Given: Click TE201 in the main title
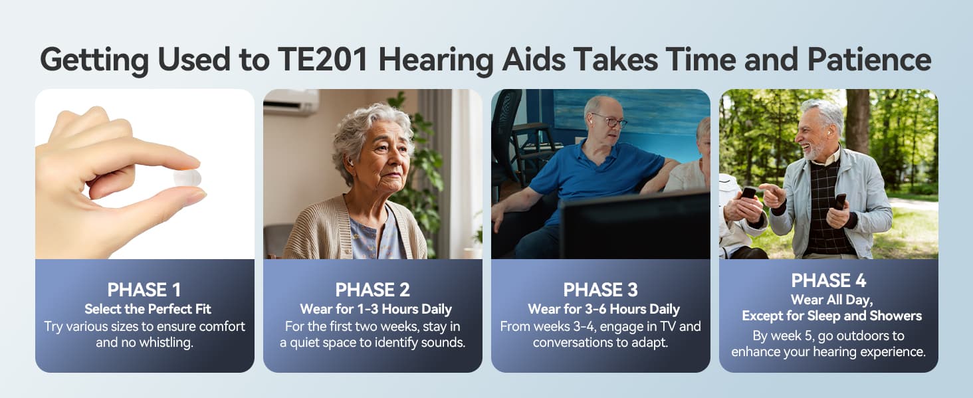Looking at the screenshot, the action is tap(323, 59).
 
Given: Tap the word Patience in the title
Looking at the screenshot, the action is tap(869, 59).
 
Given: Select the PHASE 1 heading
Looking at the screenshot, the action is tap(144, 290).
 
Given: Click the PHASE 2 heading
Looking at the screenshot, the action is tap(372, 290).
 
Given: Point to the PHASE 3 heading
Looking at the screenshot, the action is tap(600, 290).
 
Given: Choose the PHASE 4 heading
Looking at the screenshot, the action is tap(828, 280).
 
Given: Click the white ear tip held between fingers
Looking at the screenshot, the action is tap(187, 178).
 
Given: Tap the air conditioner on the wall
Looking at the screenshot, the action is tap(292, 102).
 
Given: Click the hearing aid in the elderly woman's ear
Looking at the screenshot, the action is tap(350, 163).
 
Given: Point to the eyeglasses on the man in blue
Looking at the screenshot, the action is tap(610, 120).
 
